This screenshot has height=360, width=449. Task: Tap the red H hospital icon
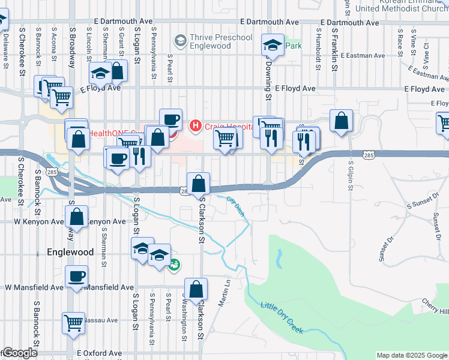coord(195,126)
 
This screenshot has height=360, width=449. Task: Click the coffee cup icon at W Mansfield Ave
coord(77,277)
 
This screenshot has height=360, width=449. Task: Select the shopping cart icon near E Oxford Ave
coord(74,323)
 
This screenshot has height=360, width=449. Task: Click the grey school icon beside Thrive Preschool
coord(179,41)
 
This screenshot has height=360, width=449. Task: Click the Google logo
coord(19,353)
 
